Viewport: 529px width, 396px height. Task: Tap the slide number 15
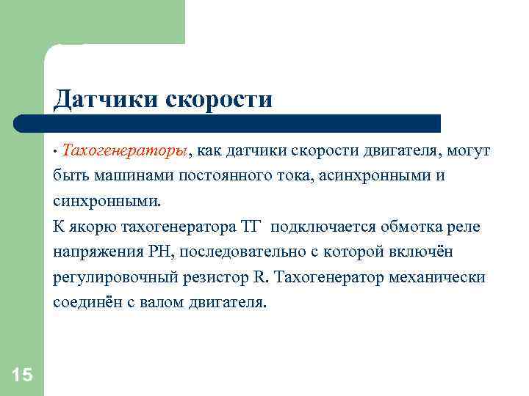pos(22,375)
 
